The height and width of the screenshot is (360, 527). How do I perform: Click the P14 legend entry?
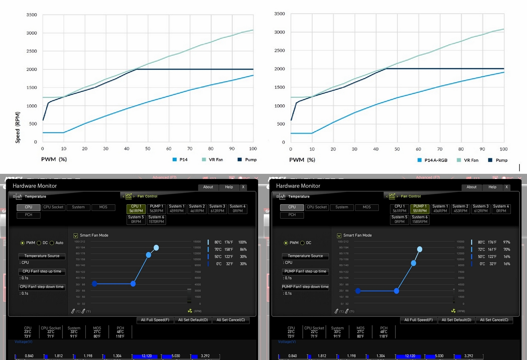coord(180,160)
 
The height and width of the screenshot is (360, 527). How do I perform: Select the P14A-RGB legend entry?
coord(433,160)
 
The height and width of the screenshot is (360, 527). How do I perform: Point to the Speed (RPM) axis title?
coord(17,127)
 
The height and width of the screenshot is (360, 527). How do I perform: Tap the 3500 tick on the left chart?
coord(32,15)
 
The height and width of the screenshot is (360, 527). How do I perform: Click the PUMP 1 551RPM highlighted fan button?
coord(420,208)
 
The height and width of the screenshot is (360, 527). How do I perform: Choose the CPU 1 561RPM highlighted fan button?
coord(136,208)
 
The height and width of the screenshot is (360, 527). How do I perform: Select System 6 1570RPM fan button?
coord(156,219)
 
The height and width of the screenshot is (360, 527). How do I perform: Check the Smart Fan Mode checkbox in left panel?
coord(76,236)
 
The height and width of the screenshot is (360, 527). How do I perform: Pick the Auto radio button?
coord(52,243)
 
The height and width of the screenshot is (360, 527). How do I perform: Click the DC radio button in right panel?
coord(303,243)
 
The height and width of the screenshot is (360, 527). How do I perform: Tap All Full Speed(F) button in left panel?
coord(155,320)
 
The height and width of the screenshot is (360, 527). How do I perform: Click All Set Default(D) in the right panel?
coord(456,320)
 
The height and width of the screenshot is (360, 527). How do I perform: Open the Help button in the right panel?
coord(492,187)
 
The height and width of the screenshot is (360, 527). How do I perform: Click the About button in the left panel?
coord(208,187)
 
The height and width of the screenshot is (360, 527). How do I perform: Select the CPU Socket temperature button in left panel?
coord(53,207)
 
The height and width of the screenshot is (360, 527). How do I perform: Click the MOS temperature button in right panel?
coord(367,207)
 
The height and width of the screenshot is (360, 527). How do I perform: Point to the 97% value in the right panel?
coord(506,242)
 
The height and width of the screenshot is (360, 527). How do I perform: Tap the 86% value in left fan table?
coord(243,249)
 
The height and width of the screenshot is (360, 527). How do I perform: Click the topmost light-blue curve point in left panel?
coord(156,248)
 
